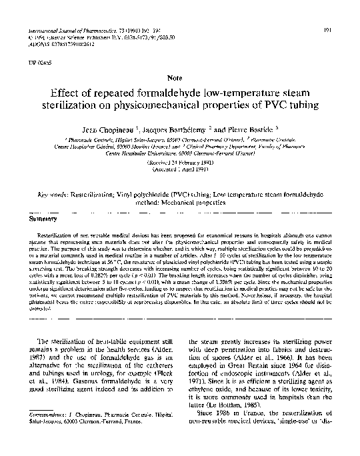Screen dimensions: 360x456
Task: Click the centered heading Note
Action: point(180,78)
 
